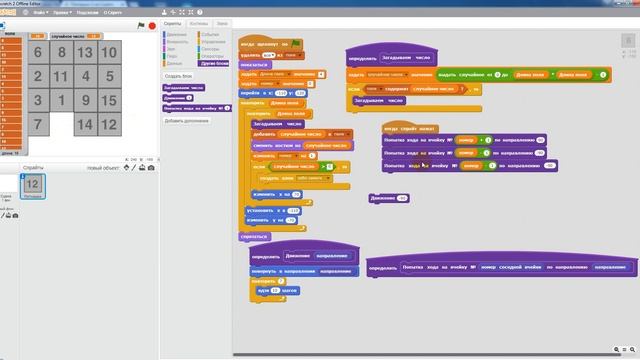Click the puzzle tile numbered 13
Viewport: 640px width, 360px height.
[85, 53]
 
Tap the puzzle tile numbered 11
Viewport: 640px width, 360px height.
[62, 77]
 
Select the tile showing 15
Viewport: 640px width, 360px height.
[109, 101]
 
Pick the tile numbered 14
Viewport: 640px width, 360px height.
[85, 125]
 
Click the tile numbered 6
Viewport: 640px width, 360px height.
[38, 53]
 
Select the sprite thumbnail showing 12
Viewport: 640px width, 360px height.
[32, 185]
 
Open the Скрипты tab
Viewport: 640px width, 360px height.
[173, 22]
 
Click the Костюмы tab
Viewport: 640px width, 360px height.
[198, 22]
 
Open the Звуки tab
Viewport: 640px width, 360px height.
[221, 22]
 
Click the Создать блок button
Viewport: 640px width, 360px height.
[179, 76]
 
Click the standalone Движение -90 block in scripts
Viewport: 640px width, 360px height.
[389, 198]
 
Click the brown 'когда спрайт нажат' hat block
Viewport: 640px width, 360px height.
[410, 128]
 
